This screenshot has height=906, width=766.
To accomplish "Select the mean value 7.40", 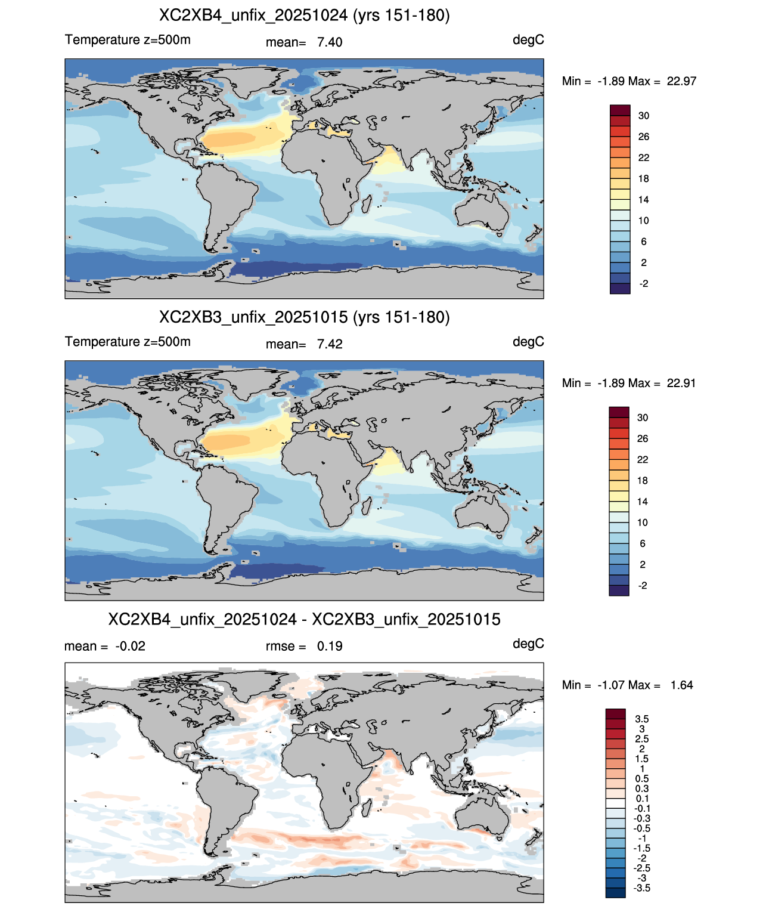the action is tap(329, 42).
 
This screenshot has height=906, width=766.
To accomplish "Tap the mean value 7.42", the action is tap(329, 345).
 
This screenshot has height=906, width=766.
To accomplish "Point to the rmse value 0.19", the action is tap(329, 647).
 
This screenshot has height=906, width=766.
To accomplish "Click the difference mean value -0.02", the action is tap(130, 647).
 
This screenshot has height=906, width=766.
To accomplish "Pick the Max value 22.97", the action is tap(681, 82).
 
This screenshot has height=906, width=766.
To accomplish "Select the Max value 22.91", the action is tap(681, 384).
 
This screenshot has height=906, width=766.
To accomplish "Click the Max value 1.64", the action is tap(682, 685).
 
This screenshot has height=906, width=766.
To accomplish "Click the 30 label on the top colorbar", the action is tap(643, 116).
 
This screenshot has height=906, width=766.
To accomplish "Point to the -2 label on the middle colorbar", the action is tap(643, 586).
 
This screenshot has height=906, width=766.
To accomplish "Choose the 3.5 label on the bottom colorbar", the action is tap(641, 719).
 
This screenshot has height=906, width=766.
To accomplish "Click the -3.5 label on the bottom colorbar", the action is tap(641, 889).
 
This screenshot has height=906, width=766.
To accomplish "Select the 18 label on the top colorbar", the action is tap(643, 179).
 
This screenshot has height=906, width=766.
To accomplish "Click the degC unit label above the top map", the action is tap(528, 41).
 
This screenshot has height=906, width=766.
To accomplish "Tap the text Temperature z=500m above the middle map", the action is tap(128, 342).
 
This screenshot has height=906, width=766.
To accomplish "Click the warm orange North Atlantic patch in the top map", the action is tap(230, 140).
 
